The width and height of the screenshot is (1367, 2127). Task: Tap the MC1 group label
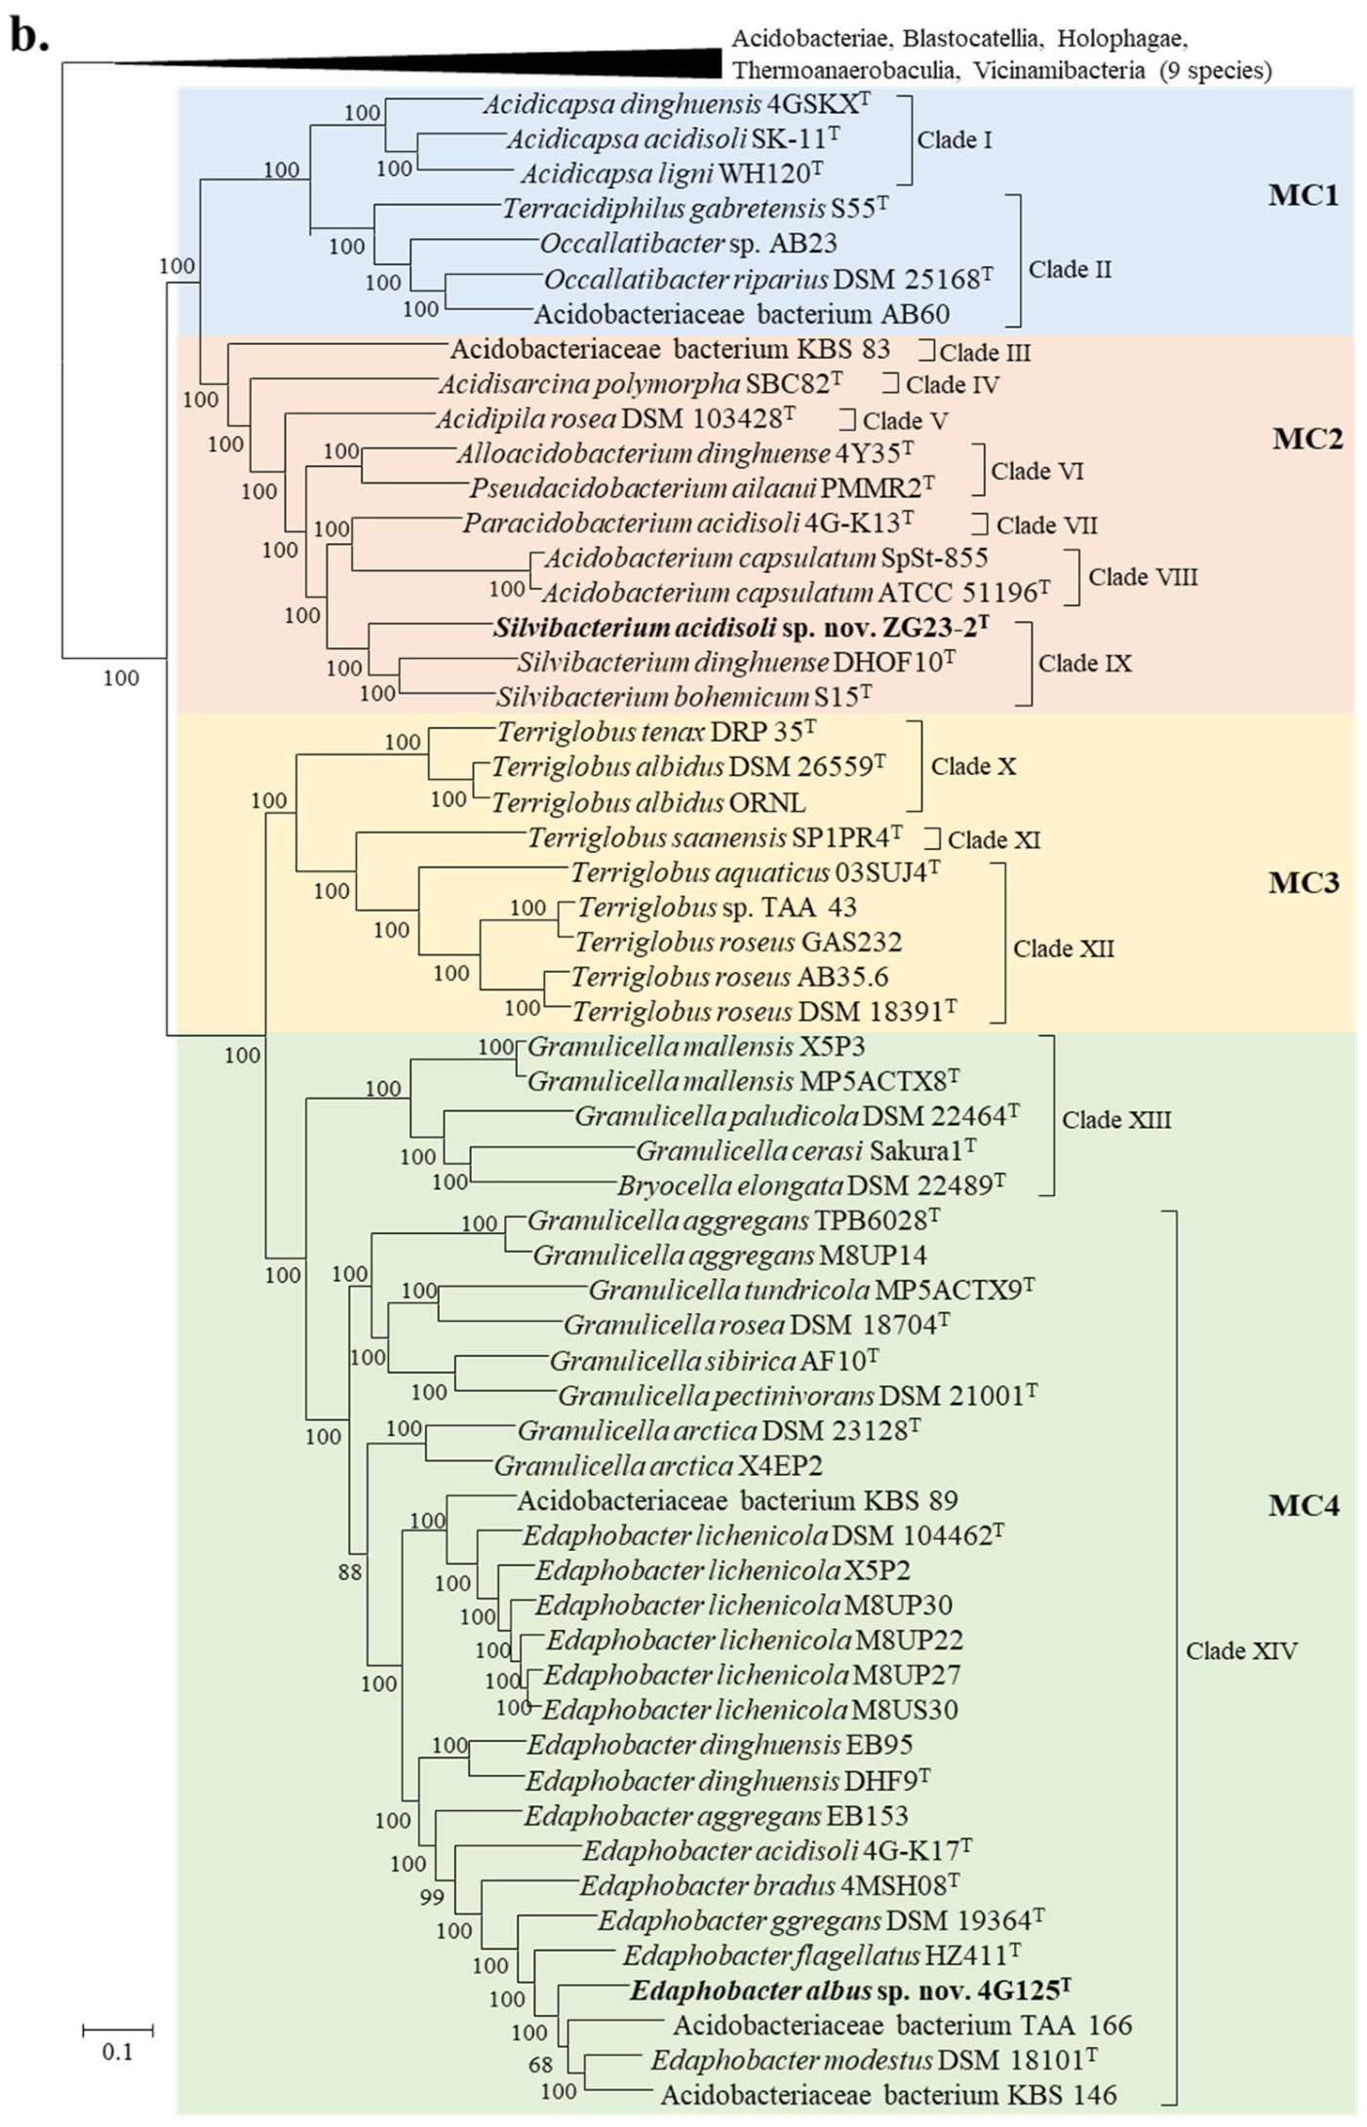coord(1303,195)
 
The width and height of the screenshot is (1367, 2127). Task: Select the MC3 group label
coord(1303,882)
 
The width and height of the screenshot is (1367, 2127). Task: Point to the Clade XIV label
coord(1240,1650)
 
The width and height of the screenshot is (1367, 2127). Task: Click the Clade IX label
coord(1084,663)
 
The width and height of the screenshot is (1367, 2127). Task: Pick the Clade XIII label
coord(1116,1119)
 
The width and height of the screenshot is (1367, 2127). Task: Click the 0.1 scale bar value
coord(117,2052)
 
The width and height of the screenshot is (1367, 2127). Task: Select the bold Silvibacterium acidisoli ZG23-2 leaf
coord(740,627)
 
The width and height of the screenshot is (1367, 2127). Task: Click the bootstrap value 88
coord(350,1571)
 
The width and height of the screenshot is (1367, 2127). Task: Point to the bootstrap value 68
coord(540,2064)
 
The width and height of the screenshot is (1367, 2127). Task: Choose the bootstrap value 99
coord(432,1896)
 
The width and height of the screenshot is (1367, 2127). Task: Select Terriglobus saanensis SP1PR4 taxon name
coord(714,837)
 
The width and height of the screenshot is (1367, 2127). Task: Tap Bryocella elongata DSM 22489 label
coord(810,1185)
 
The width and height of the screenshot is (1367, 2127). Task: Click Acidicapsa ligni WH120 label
coord(671,174)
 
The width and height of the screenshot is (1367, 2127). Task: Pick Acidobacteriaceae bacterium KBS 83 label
coord(669,348)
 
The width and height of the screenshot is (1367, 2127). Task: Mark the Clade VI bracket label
coord(1036,471)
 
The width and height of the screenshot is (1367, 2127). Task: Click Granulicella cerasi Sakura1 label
coord(805,1150)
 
